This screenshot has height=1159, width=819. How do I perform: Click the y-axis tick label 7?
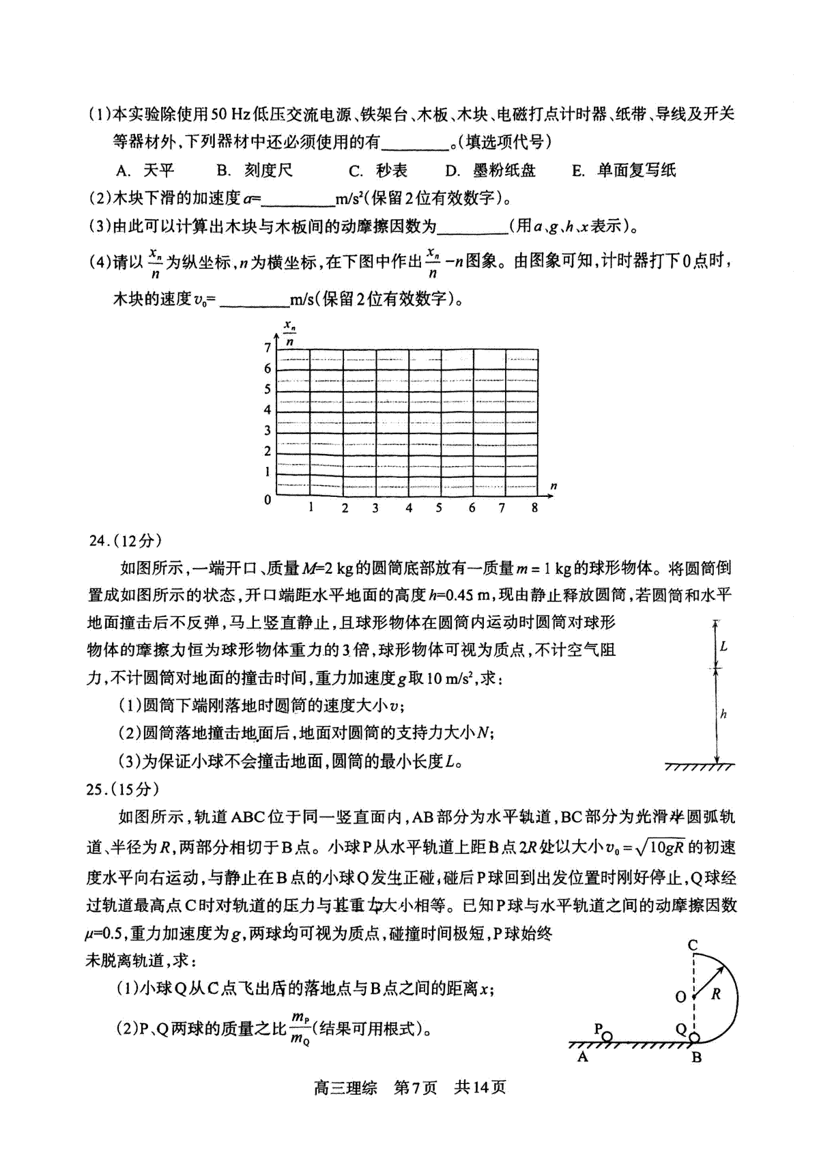coord(268,348)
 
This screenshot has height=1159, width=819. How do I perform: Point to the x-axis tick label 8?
coord(534,508)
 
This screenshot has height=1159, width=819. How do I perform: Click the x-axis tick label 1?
coord(311,508)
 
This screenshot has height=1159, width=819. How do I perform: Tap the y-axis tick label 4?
coord(268,410)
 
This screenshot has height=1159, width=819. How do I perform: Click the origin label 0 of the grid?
coord(268,500)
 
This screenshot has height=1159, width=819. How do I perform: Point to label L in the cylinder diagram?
coord(723,646)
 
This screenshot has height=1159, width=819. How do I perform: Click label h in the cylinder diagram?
coord(723,714)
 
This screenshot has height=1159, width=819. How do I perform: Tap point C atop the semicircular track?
coord(692,945)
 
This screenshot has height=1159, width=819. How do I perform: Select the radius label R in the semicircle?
coord(715,995)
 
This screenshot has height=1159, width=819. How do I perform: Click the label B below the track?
coord(695,1058)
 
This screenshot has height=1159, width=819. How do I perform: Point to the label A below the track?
coord(582,1057)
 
